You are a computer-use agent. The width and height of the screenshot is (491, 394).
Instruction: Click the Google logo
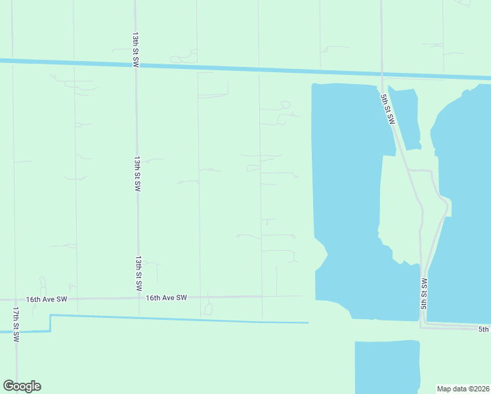22,386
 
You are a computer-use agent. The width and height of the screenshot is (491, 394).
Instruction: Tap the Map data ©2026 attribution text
463,388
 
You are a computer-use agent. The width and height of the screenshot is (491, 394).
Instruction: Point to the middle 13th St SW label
137,173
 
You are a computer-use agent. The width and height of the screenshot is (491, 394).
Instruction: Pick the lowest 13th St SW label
139,274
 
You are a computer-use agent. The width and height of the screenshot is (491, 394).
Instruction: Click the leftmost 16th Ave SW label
47,299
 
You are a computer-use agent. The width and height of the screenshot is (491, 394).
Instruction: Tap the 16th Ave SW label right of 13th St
166,297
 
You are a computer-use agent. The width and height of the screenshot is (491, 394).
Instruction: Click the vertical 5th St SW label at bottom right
423,294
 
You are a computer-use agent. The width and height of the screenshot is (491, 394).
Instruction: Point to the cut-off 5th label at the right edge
484,329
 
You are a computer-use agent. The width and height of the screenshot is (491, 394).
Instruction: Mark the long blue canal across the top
197,66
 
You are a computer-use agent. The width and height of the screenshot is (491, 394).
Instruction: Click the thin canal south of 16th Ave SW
177,319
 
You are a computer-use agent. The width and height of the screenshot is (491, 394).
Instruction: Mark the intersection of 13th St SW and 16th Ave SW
139,298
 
